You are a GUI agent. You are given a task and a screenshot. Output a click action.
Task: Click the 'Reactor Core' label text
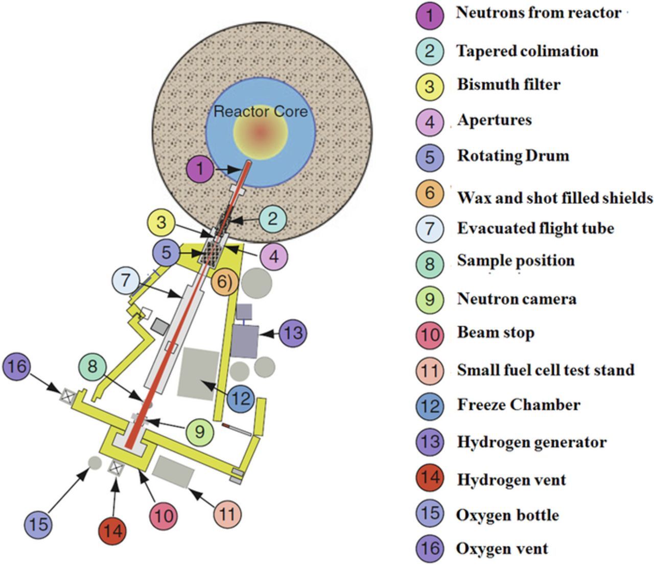[x=261, y=111]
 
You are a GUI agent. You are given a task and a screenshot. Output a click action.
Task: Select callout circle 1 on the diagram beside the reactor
[x=200, y=169]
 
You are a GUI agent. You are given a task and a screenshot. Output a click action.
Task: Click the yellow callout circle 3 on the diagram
[x=161, y=222]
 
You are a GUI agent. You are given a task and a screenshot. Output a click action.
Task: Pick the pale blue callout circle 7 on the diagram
[x=126, y=280]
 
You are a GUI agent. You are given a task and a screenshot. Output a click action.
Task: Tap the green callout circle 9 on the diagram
[x=199, y=431]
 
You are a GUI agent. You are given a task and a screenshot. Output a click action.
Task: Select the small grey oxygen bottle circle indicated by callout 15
[x=95, y=463]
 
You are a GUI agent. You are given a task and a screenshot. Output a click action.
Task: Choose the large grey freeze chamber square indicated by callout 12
[x=198, y=373]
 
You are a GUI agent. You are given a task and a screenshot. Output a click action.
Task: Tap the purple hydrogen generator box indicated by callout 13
[x=244, y=341]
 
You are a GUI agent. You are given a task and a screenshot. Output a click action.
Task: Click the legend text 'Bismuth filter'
[x=508, y=84]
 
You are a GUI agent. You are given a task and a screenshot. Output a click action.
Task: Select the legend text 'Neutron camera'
[x=517, y=299]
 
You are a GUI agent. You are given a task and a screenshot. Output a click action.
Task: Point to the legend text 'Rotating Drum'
[x=513, y=156]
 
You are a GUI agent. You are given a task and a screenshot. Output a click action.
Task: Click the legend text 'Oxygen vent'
[x=502, y=549]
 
